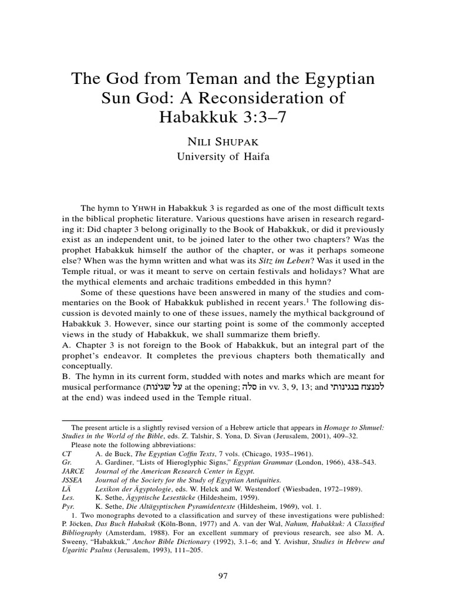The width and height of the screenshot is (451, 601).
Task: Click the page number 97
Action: pos(223,559)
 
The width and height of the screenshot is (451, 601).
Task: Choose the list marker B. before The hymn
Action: pos(67,376)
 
